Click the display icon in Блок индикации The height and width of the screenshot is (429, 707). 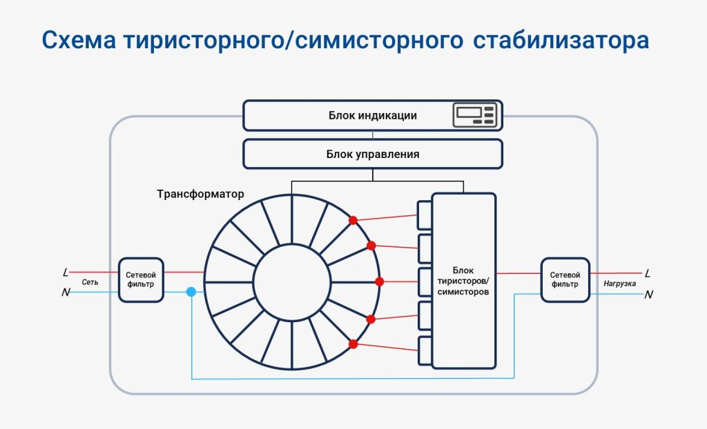click(475, 115)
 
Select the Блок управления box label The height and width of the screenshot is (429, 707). click(373, 154)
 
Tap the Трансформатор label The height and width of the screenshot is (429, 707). click(200, 194)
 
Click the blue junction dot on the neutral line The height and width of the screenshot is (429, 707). click(191, 292)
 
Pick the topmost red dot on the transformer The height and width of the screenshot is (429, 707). click(353, 220)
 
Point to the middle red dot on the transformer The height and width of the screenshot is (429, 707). click(380, 281)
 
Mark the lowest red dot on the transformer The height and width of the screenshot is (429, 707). click(353, 344)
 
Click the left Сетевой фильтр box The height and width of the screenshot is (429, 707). click(141, 280)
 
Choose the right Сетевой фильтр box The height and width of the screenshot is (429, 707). click(565, 280)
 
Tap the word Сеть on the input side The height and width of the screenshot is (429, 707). click(90, 282)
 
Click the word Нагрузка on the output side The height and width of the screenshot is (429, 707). click(619, 283)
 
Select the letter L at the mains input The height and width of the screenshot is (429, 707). click(66, 272)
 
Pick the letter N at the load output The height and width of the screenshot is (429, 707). click(648, 295)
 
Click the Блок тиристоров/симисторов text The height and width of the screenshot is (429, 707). click(463, 281)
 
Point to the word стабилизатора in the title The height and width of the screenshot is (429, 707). click(561, 39)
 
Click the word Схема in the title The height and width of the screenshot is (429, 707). click(79, 39)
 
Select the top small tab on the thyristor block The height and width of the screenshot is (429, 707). click(425, 215)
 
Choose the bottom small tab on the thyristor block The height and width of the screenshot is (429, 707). click(425, 350)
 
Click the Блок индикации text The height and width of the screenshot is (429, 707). click(372, 115)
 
